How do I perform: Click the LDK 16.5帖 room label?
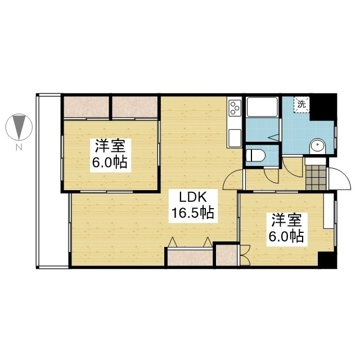click(193, 206)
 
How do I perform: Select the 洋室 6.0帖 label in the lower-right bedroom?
click(287, 229)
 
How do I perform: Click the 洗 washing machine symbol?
click(301, 105)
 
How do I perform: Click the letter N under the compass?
click(19, 147)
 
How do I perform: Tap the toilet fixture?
click(255, 155)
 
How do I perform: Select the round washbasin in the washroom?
click(317, 146)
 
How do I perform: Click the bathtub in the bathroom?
click(262, 107)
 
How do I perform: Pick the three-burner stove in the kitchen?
click(235, 107)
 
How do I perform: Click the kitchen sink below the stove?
click(235, 138)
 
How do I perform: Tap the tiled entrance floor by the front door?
click(316, 177)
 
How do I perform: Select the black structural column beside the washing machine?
click(323, 107)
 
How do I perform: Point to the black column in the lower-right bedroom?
click(327, 260)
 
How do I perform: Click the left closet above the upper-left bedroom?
click(86, 107)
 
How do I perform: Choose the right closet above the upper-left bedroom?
click(135, 107)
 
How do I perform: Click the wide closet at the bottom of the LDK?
click(190, 258)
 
